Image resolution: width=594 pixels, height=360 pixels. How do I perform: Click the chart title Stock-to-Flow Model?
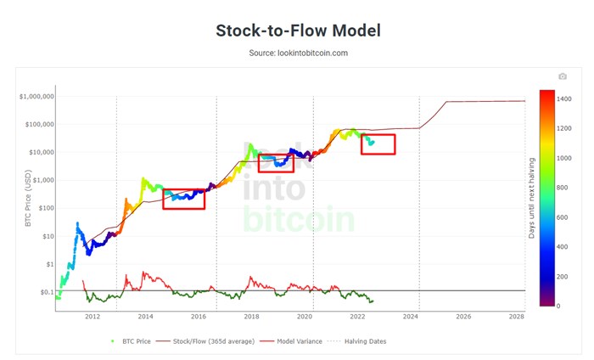click(x=297, y=31)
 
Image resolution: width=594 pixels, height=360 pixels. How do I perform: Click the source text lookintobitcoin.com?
click(x=297, y=53)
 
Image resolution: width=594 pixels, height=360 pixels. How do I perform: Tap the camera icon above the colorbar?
click(x=562, y=76)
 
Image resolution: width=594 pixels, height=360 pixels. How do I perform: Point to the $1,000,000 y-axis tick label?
click(x=36, y=97)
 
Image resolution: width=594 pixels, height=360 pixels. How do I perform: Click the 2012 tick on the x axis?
click(x=92, y=317)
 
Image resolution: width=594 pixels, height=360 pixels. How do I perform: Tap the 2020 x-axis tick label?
click(x=305, y=317)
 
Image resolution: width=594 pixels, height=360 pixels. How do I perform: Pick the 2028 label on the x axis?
click(x=517, y=317)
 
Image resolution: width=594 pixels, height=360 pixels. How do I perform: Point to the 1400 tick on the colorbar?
click(x=565, y=99)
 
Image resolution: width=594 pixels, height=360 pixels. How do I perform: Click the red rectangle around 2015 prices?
click(x=183, y=199)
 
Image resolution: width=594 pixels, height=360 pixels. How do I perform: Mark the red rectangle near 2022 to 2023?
click(x=378, y=144)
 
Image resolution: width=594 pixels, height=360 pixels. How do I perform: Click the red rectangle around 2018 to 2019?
click(x=276, y=163)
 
